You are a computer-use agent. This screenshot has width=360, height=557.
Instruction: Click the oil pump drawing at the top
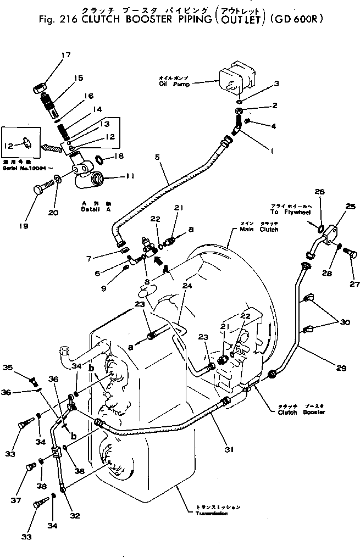point(235,79)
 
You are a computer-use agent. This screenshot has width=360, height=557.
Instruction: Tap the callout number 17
point(66,54)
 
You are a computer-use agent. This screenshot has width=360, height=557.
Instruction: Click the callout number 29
point(341,368)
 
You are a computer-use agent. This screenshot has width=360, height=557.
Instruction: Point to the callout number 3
point(276,84)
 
